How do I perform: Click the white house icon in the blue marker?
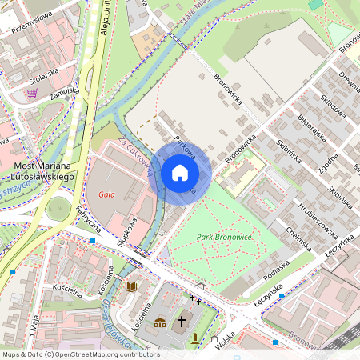point(180,173)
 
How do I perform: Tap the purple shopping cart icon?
point(32,93)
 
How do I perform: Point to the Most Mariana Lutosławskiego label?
point(46,170)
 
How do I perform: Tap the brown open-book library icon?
point(131,286)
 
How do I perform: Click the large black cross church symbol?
point(182,321)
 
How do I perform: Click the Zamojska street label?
point(63,92)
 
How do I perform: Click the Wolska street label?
point(227,342)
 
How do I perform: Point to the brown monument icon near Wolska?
point(195,338)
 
